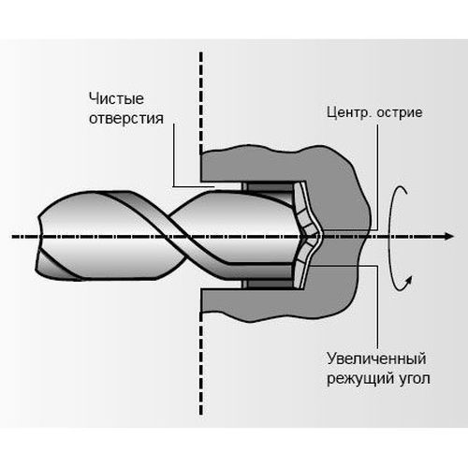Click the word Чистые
116,98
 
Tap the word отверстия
126,119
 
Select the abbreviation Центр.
348,112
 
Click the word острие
400,112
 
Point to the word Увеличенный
376,358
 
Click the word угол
415,379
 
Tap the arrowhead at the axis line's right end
448,237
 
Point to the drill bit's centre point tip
320,236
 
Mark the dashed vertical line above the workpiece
201,103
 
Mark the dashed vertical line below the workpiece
201,363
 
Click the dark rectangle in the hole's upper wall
268,186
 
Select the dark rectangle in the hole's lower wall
268,285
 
